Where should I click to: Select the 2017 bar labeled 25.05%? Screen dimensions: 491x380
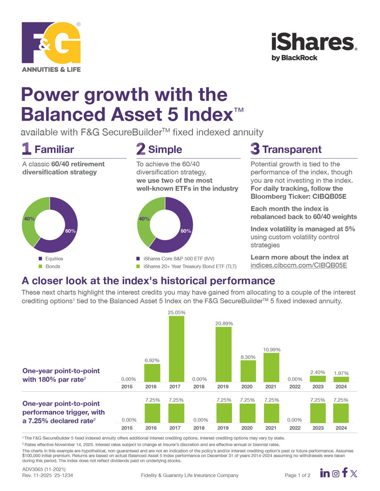click(x=176, y=349)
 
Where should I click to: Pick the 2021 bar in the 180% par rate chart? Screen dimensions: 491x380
click(x=271, y=367)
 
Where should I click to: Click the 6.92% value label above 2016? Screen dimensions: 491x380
click(x=152, y=361)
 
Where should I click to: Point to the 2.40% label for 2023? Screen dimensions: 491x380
click(x=318, y=372)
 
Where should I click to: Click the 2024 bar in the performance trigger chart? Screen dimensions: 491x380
click(x=341, y=413)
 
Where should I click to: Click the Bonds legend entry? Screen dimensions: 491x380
click(x=52, y=267)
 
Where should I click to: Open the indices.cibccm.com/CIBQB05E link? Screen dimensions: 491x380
click(x=299, y=265)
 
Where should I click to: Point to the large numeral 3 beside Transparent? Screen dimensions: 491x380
click(x=255, y=149)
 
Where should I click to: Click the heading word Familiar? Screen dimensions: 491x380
click(x=54, y=150)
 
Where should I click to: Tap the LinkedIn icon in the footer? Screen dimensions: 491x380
click(x=325, y=473)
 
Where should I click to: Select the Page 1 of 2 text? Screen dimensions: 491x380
click(x=297, y=475)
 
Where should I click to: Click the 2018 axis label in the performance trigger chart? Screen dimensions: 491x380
click(x=199, y=428)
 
